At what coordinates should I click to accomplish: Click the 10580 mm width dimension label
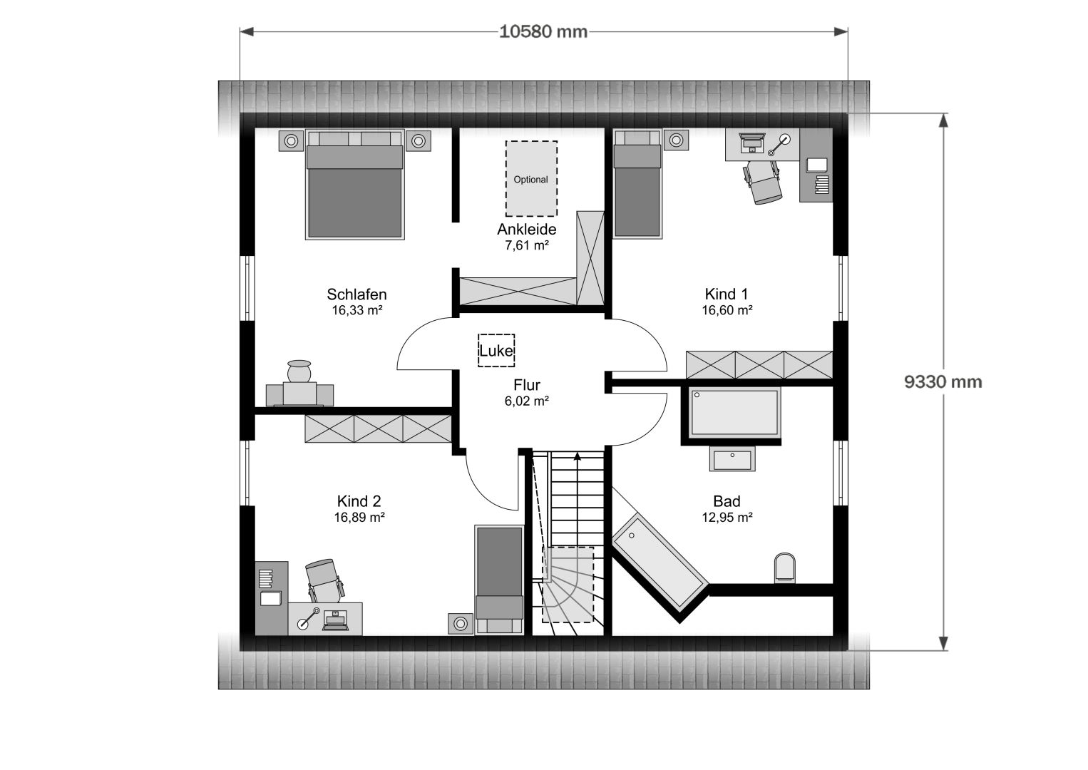tap(543, 32)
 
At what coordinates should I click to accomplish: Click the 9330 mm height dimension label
tap(943, 382)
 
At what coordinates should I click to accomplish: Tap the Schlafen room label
tap(356, 294)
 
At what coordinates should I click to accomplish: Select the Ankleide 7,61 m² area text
tap(526, 245)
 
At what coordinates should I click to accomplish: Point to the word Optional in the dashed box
tap(531, 179)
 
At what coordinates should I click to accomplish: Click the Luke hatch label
tap(496, 351)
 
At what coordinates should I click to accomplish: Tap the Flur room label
tap(526, 385)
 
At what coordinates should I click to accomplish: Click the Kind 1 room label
tap(727, 294)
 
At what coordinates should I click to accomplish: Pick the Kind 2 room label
tap(359, 501)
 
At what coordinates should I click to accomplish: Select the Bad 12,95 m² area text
tap(727, 518)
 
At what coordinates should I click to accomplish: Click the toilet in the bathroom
tap(784, 568)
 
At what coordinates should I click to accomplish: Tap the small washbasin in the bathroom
tap(732, 459)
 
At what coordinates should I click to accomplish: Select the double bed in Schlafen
tap(354, 185)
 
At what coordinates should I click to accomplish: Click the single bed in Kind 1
tap(637, 184)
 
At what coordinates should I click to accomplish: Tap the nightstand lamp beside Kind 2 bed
tap(461, 623)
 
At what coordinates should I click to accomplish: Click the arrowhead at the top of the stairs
tap(578, 457)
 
